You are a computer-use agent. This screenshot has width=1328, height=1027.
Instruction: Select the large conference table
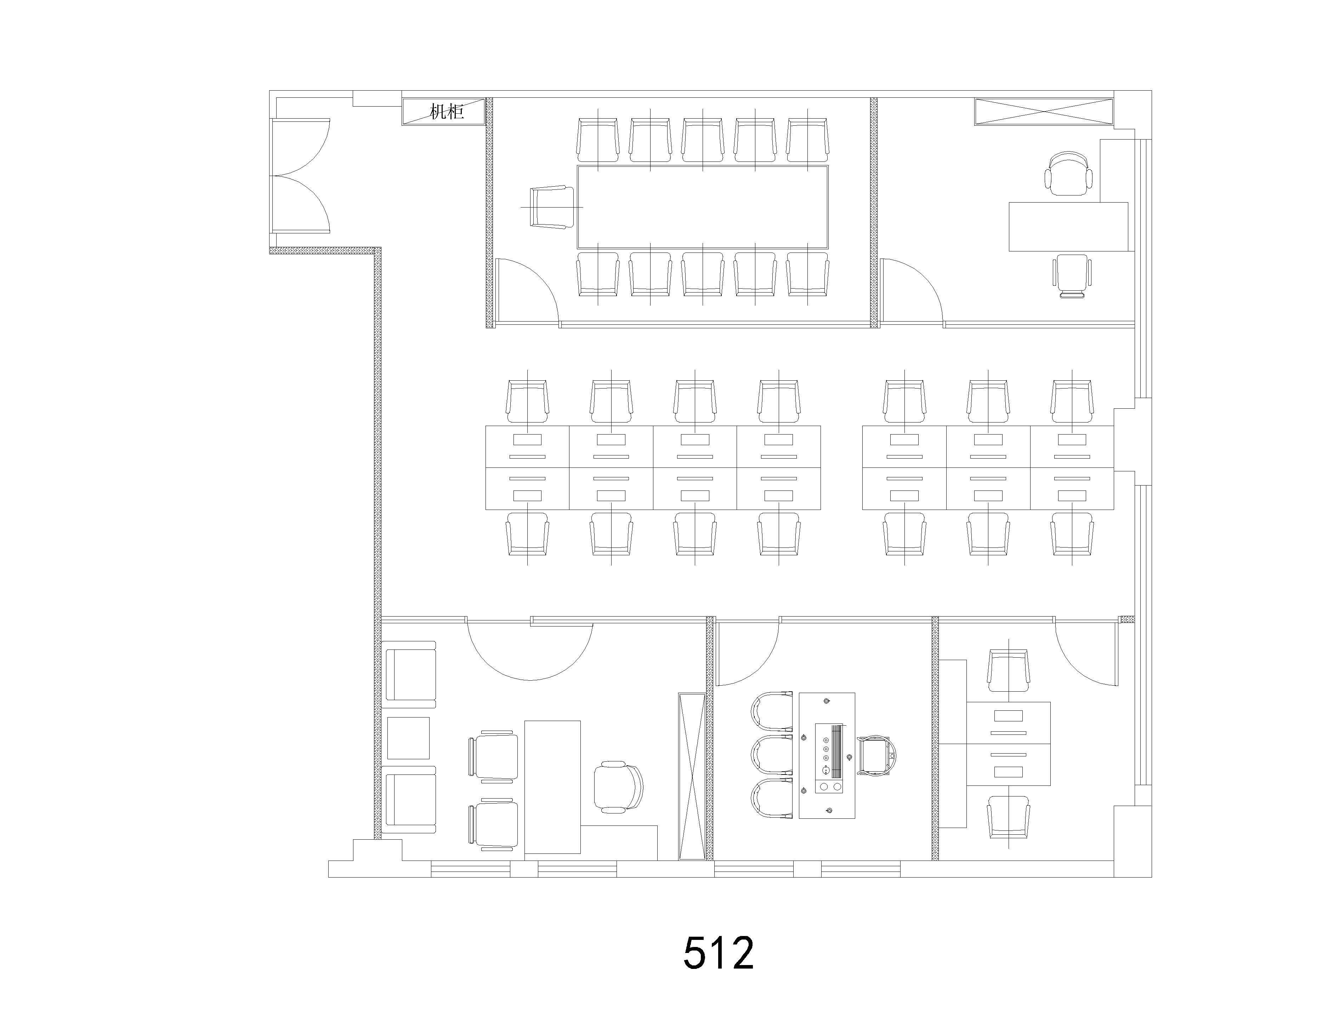click(702, 207)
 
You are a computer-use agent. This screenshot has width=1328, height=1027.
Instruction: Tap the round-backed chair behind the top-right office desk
click(1068, 173)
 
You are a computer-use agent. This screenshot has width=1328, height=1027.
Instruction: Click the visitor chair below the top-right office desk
click(1072, 276)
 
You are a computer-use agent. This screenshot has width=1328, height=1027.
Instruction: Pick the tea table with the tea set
click(827, 755)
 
